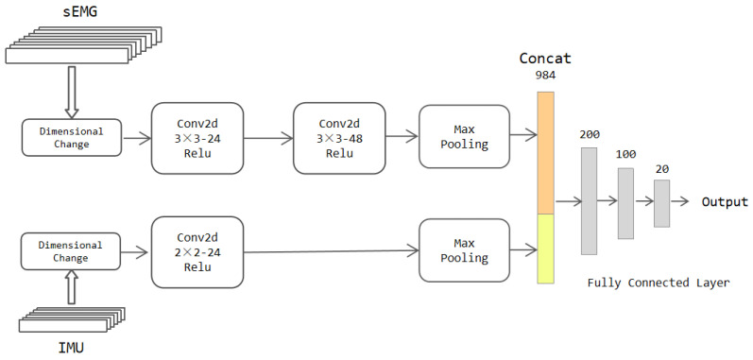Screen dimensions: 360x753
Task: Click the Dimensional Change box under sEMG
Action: pyautogui.click(x=72, y=138)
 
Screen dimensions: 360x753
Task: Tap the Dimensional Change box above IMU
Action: pyautogui.click(x=72, y=251)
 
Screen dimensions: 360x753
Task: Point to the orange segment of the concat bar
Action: pyautogui.click(x=545, y=151)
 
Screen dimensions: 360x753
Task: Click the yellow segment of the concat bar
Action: pyautogui.click(x=545, y=249)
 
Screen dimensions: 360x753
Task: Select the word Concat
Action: pyautogui.click(x=545, y=59)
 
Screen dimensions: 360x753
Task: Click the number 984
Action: pyautogui.click(x=545, y=77)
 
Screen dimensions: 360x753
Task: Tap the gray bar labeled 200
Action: pyautogui.click(x=590, y=201)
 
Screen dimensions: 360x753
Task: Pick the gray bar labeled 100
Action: pyautogui.click(x=625, y=202)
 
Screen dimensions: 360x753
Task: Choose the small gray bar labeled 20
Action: pyautogui.click(x=661, y=202)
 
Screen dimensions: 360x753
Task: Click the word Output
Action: pyautogui.click(x=724, y=202)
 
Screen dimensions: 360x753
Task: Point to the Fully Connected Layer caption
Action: pyautogui.click(x=659, y=283)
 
